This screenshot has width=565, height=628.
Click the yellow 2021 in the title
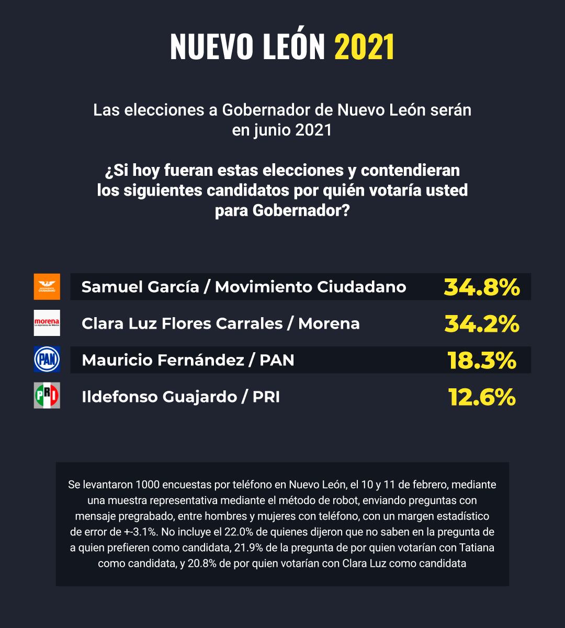pos(364,48)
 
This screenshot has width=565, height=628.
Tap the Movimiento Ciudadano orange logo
pos(47,287)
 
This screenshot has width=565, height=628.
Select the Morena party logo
pos(47,323)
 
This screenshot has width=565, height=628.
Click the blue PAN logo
pos(47,360)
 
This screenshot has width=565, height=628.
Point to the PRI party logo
pos(47,396)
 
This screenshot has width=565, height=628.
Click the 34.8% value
pos(481,287)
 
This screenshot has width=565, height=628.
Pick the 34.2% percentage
pos(481,323)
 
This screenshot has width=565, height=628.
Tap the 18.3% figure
pos(481,360)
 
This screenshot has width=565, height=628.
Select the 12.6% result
pos(481,397)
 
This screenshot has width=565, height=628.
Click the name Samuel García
pos(140,287)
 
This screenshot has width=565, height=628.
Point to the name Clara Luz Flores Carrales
pos(182,323)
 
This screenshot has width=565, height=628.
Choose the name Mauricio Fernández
pos(160,360)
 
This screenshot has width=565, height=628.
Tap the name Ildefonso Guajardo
pos(159,397)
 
